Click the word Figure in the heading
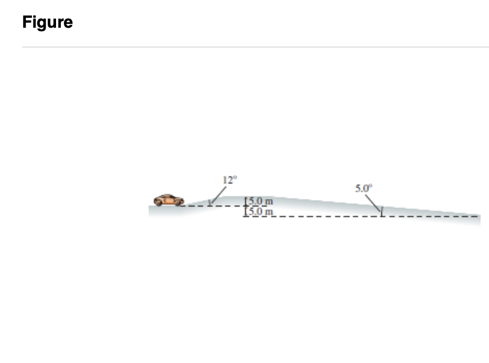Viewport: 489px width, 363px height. pos(48,22)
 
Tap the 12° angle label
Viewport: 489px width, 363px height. pos(230,180)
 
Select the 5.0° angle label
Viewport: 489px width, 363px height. pos(364,188)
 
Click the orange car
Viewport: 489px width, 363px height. pos(169,200)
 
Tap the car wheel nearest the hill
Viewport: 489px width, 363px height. pos(178,203)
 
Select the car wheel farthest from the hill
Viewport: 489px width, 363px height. pos(159,203)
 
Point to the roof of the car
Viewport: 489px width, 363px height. pos(168,196)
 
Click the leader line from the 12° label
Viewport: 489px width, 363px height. pos(219,195)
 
